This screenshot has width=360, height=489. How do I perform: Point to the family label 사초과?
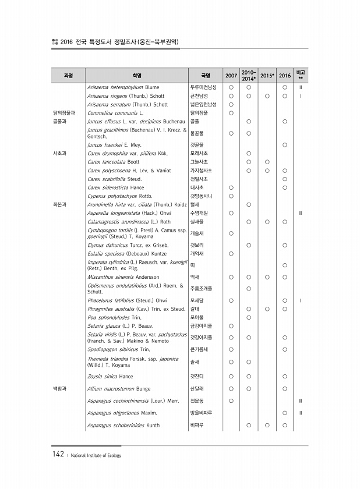click(60, 153)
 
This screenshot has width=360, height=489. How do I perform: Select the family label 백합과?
click(60, 388)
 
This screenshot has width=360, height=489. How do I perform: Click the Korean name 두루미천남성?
click(204, 87)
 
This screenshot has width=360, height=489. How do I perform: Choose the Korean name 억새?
click(195, 277)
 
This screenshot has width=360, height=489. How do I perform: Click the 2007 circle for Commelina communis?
click(231, 113)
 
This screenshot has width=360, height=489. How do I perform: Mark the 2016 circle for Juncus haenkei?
click(285, 144)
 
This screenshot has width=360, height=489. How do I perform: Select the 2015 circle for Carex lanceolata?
click(267, 161)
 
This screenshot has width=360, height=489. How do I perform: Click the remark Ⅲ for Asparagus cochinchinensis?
click(300, 401)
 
